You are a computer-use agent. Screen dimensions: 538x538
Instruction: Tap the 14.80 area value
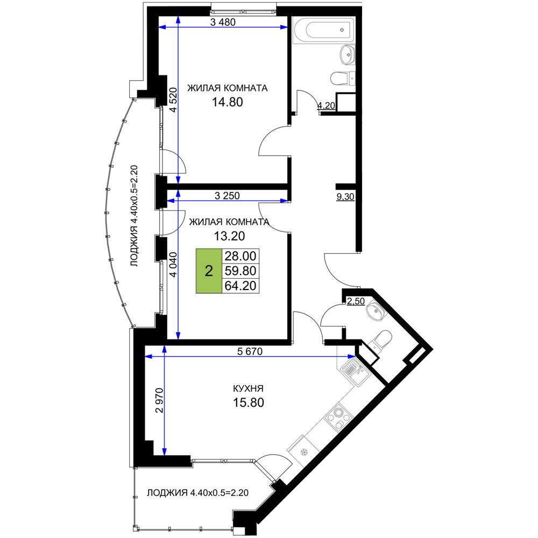pyautogui.click(x=228, y=102)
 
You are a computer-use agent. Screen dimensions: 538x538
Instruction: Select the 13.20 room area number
pyautogui.click(x=229, y=236)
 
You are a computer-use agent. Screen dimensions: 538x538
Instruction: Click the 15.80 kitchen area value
pyautogui.click(x=249, y=402)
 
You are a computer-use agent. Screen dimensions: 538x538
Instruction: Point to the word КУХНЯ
pyautogui.click(x=248, y=388)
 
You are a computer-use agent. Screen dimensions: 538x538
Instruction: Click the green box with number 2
pyautogui.click(x=209, y=271)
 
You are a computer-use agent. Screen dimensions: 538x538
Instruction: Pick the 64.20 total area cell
pyautogui.click(x=240, y=286)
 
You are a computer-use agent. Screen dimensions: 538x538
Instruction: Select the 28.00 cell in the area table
pyautogui.click(x=240, y=256)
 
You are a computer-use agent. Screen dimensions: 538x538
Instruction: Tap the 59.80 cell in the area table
pyautogui.click(x=240, y=271)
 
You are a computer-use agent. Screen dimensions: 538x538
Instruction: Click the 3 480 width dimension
pyautogui.click(x=223, y=22)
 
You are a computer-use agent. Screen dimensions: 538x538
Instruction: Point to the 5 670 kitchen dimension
pyautogui.click(x=250, y=351)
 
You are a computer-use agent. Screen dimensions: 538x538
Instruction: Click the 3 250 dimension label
pyautogui.click(x=227, y=196)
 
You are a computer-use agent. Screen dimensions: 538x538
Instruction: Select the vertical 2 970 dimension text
pyautogui.click(x=159, y=400)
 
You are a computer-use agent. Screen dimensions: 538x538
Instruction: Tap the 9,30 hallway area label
pyautogui.click(x=345, y=197)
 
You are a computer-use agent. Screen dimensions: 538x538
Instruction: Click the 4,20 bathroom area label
pyautogui.click(x=326, y=105)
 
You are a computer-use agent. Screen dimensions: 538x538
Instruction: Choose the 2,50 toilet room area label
pyautogui.click(x=356, y=302)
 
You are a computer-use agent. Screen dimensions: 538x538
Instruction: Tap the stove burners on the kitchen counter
pyautogui.click(x=339, y=416)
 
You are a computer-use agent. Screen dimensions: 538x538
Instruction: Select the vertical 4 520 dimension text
pyautogui.click(x=174, y=100)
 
